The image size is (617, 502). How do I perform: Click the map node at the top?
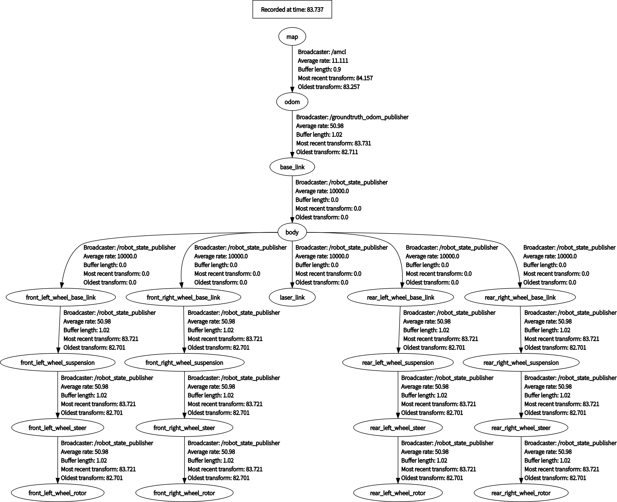tap(292, 37)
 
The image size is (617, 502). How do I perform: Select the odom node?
tap(292, 102)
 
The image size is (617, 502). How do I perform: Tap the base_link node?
tap(292, 167)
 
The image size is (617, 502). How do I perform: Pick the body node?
tap(292, 232)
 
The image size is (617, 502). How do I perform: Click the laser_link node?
tap(292, 297)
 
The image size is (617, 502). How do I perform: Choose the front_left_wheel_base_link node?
tap(61, 297)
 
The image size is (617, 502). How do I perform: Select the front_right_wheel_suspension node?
tap(184, 363)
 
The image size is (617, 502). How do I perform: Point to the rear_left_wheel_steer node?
tap(398, 428)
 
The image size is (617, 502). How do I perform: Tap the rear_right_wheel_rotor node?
tap(521, 493)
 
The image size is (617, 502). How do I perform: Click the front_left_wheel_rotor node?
tap(57, 493)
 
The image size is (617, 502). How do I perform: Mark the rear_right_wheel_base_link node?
tap(520, 297)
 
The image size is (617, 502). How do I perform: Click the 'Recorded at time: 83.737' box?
tap(292, 9)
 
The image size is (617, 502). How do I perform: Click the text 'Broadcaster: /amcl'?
tap(322, 52)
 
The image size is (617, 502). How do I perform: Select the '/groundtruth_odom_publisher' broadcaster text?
tap(369, 117)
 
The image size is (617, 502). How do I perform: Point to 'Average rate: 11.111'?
tap(323, 61)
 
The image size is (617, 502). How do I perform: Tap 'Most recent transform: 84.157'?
tap(335, 78)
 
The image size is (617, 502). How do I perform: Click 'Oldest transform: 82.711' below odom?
tap(327, 152)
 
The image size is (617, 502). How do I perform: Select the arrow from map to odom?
tap(292, 69)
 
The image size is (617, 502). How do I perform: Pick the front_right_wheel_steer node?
tap(184, 428)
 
